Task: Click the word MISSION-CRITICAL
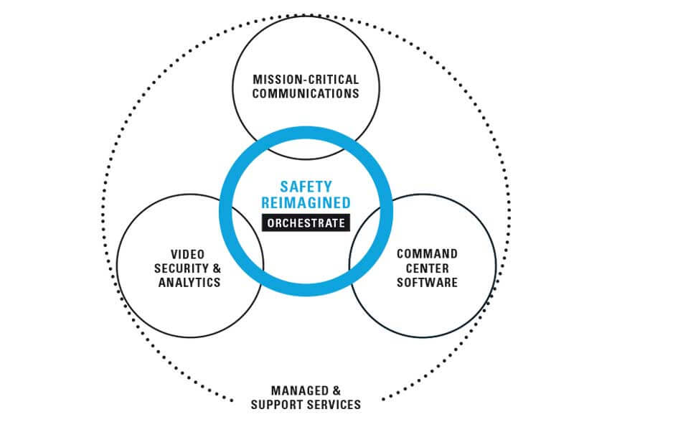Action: coord(306,78)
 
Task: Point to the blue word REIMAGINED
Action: coord(306,202)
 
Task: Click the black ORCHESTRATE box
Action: coord(306,223)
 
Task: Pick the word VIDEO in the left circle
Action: coord(188,254)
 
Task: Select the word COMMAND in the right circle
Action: coord(427,254)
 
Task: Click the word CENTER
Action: coord(427,268)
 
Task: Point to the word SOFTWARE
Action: coord(427,282)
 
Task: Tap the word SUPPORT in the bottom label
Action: coord(276,405)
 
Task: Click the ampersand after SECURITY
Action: coord(215,268)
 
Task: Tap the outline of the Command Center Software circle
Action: coord(496,266)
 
